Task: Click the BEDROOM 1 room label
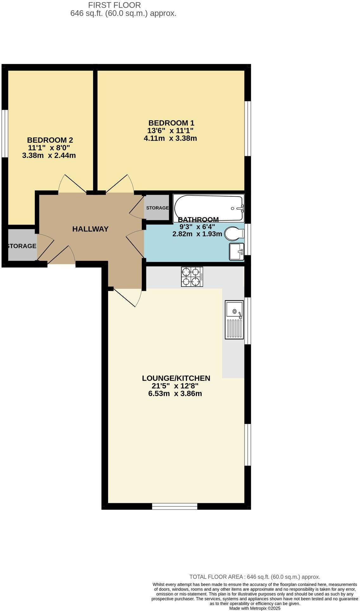click(171, 123)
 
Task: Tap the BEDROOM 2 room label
click(50, 140)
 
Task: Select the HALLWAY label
click(90, 229)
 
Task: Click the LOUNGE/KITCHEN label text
click(176, 378)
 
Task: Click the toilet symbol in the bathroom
click(234, 234)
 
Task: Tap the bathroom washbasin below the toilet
click(236, 251)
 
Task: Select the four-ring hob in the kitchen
click(192, 277)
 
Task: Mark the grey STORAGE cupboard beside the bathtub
click(157, 208)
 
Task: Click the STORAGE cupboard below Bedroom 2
click(22, 246)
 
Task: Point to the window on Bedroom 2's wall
click(4, 133)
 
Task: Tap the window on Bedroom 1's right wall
click(248, 128)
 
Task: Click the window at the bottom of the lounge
click(175, 506)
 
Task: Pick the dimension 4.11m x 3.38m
click(170, 138)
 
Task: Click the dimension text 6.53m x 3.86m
click(175, 394)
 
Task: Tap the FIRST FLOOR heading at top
click(114, 5)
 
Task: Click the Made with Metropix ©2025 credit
click(255, 608)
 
